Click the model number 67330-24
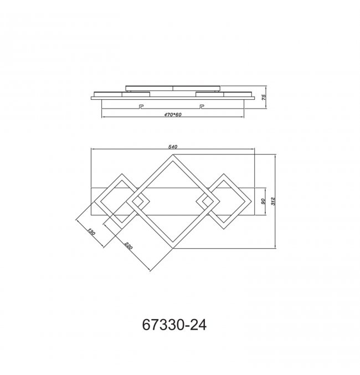click(x=174, y=325)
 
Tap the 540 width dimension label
click(x=172, y=147)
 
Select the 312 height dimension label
click(x=273, y=201)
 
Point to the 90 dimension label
click(x=263, y=201)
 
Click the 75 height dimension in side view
click(x=264, y=97)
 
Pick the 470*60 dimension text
click(x=173, y=115)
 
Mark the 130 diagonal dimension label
click(x=91, y=232)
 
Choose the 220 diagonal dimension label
click(x=128, y=245)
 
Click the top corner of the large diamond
click(x=173, y=155)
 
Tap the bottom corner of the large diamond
click(x=173, y=249)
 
